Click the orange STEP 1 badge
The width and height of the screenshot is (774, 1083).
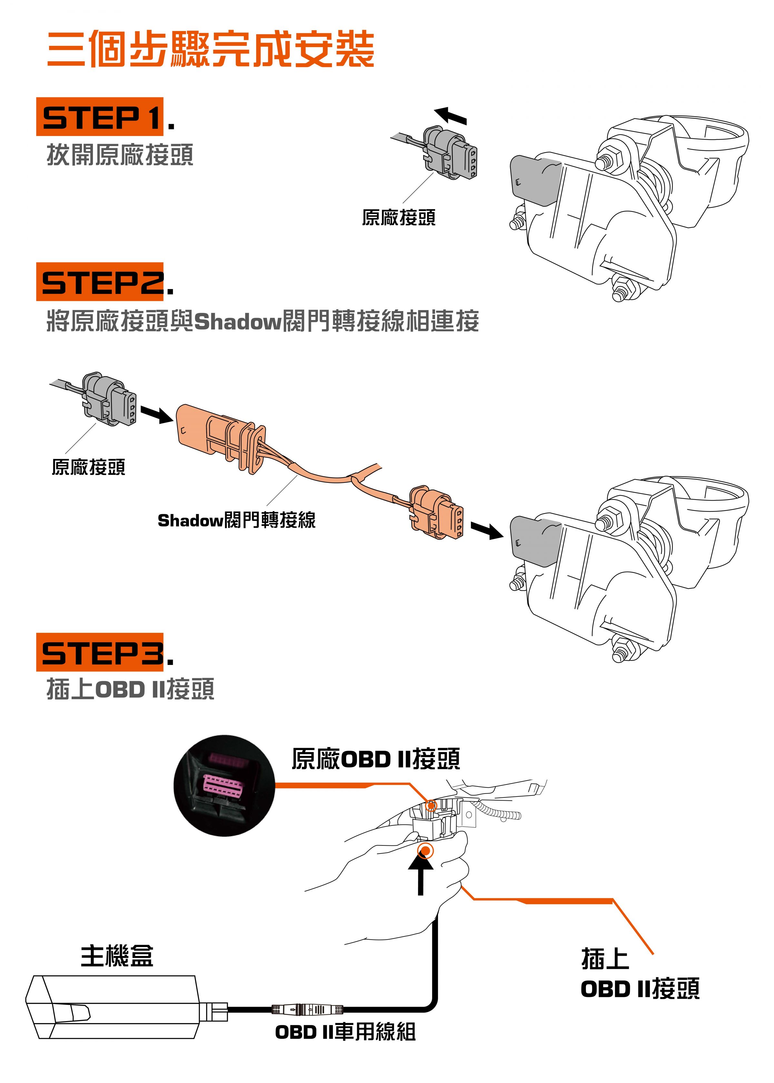(100, 117)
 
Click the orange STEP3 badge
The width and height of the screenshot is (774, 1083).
(100, 652)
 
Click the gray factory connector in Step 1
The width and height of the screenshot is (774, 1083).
(451, 152)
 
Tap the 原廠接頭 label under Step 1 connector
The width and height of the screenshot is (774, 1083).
(398, 218)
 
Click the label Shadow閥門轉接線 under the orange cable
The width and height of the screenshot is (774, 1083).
(236, 520)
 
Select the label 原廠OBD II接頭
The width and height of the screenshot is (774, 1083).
(376, 759)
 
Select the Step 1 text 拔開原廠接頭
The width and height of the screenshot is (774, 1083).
(120, 155)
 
